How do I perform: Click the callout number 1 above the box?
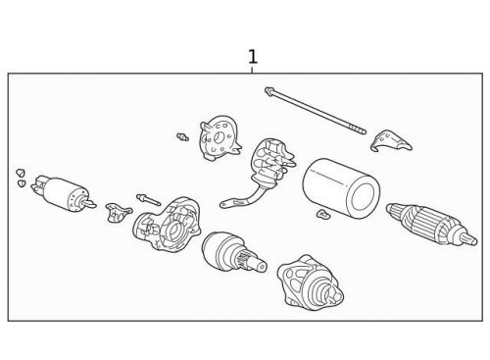253,57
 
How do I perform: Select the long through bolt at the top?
316,111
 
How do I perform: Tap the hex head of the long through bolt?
269,90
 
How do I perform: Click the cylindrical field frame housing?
341,188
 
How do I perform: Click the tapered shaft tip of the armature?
469,239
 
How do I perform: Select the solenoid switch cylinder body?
62,193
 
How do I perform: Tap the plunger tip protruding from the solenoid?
89,204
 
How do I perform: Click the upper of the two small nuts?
21,173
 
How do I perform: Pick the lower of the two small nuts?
22,183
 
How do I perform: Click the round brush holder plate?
220,138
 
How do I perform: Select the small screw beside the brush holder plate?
183,137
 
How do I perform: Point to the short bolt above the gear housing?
149,200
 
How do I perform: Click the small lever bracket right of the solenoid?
118,212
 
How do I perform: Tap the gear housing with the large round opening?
167,225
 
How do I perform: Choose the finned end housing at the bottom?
310,283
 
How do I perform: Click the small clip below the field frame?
323,214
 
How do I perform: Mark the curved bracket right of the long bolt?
390,140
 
